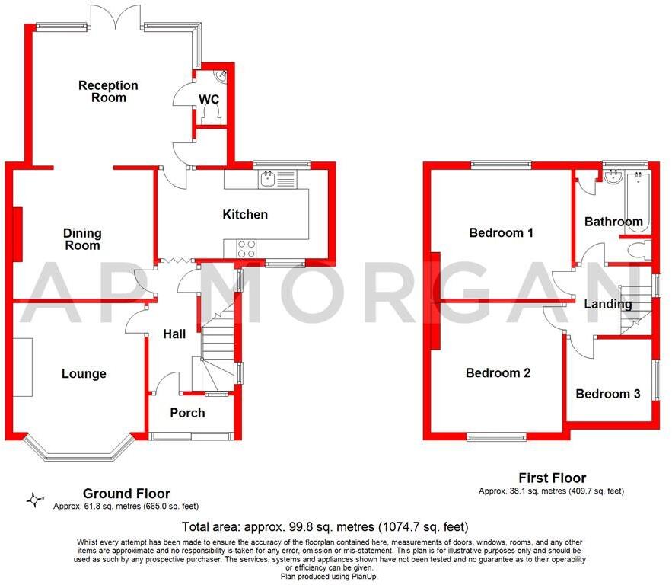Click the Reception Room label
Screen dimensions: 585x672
point(108,91)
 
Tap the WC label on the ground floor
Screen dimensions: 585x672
point(209,99)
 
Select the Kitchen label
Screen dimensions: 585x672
point(245,215)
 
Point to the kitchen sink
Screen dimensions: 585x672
point(267,180)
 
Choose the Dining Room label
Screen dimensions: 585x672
point(82,239)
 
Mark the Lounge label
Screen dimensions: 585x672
point(84,374)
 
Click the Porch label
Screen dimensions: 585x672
point(187,413)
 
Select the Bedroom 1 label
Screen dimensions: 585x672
point(501,233)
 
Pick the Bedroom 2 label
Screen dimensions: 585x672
point(498,373)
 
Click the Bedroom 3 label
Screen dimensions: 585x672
point(607,394)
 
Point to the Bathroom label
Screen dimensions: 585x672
point(613,222)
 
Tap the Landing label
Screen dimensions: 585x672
point(608,304)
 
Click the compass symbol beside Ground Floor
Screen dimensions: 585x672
point(34,500)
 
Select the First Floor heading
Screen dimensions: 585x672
point(552,478)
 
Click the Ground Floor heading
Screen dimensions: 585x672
point(126,494)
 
